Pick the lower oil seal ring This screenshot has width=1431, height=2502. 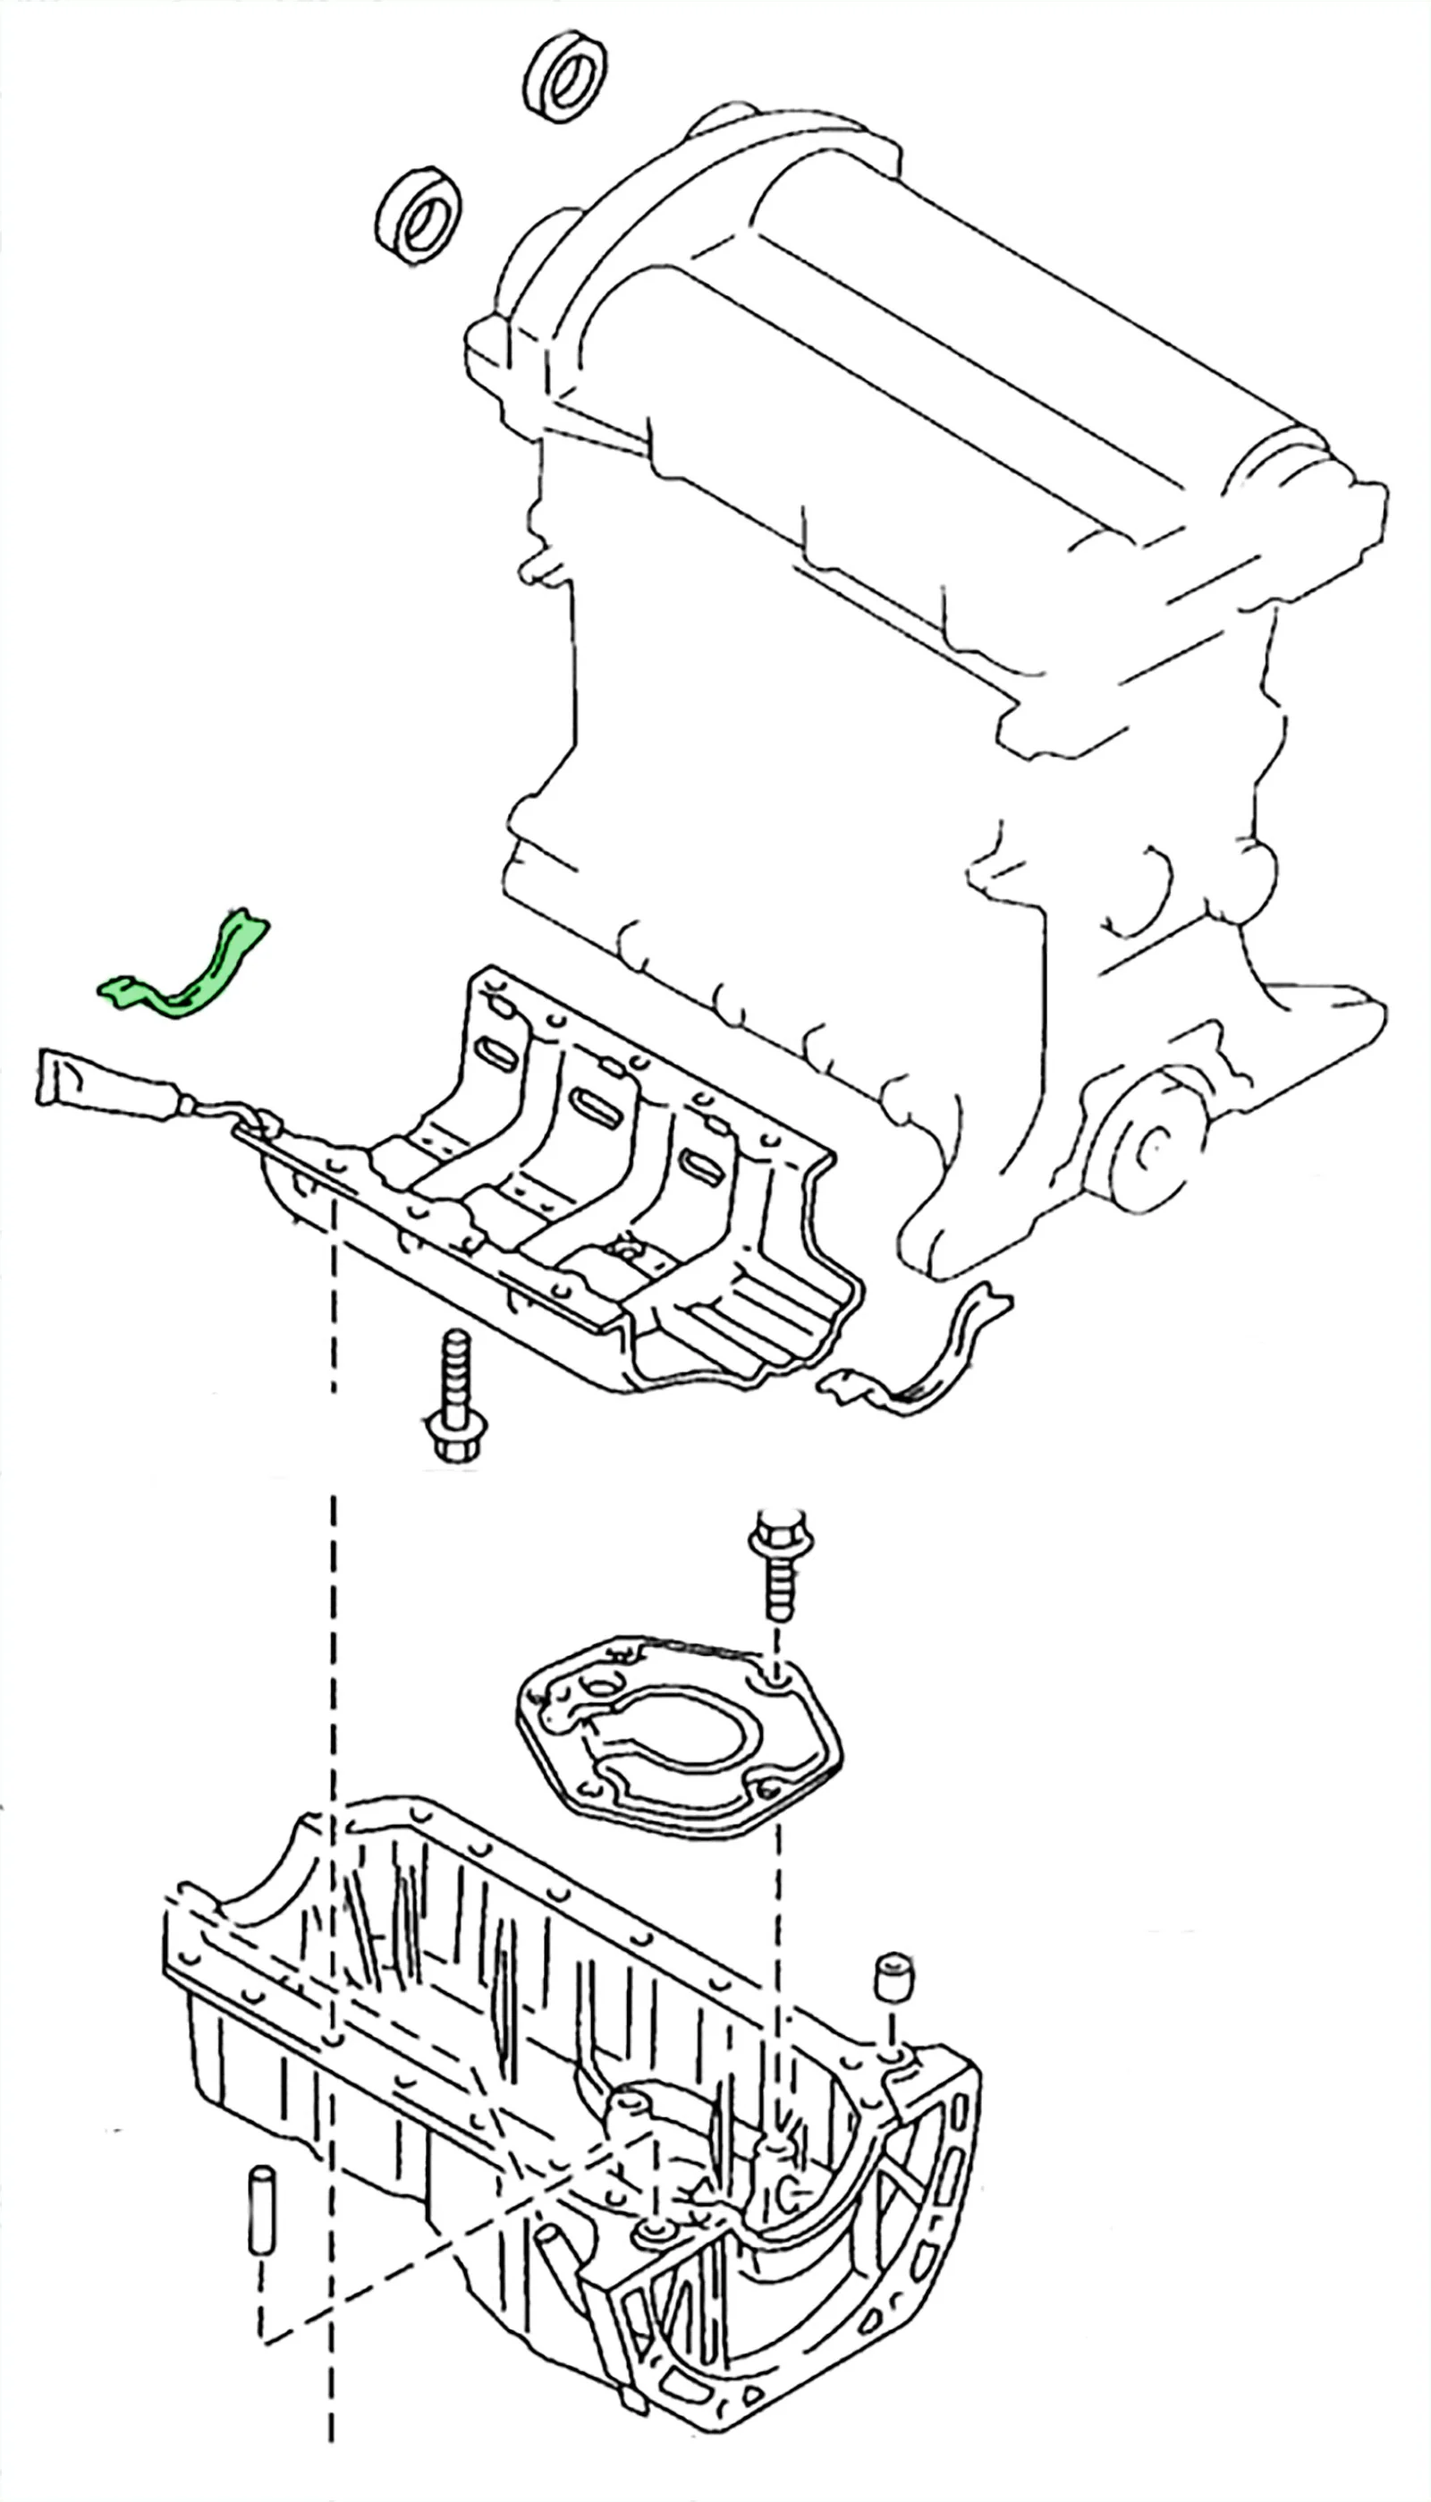(x=419, y=216)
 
